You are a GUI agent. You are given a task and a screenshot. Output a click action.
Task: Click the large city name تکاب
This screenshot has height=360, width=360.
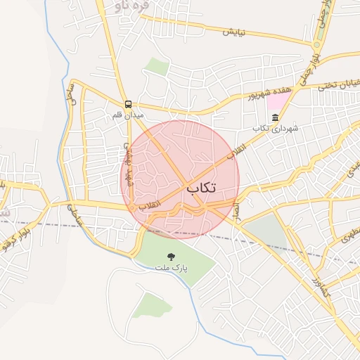(x=201, y=188)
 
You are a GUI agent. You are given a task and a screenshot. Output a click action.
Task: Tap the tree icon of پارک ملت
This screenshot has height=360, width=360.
(x=171, y=257)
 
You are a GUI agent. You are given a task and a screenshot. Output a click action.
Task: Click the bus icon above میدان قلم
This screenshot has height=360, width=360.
(x=127, y=103)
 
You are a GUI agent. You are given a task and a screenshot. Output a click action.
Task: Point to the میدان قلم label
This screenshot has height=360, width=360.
(x=129, y=113)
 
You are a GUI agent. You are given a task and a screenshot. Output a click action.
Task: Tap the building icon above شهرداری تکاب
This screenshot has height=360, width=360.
(x=276, y=117)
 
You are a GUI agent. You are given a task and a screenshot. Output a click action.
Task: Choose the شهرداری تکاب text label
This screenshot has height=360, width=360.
(x=276, y=128)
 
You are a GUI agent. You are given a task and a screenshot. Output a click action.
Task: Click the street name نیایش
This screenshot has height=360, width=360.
(x=236, y=32)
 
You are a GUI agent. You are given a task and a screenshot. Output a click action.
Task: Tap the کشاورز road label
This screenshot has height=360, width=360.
(x=320, y=286)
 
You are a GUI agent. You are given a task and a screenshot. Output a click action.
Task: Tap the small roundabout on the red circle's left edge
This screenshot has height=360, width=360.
(x=129, y=207)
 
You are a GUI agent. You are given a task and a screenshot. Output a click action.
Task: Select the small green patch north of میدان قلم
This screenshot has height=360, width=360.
(x=157, y=67)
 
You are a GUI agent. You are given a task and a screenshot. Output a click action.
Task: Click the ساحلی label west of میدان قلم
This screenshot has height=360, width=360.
(x=70, y=92)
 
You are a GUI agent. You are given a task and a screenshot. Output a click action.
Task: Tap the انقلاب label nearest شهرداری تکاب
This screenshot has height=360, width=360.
(x=238, y=149)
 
